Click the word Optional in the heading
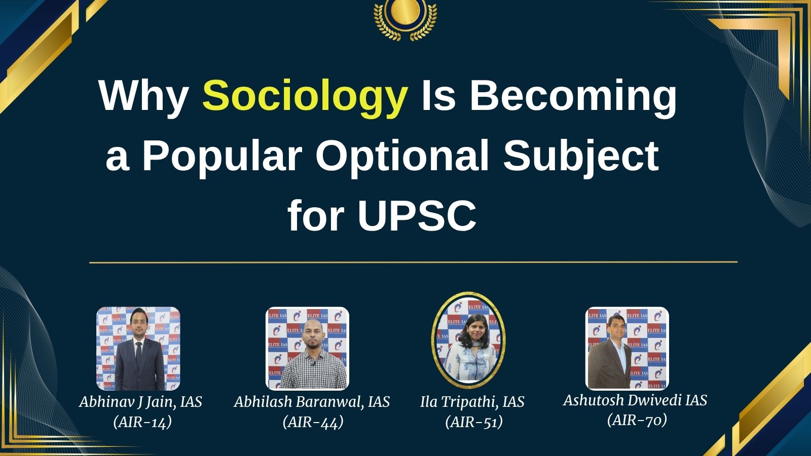[402, 156]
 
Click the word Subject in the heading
[581, 156]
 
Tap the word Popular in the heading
[222, 156]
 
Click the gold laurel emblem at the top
[405, 19]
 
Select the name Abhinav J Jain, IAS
[140, 402]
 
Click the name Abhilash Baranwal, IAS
[312, 402]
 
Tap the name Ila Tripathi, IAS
[472, 402]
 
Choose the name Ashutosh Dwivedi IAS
[635, 400]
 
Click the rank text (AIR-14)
[142, 422]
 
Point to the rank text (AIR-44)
[313, 422]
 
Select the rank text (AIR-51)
[474, 422]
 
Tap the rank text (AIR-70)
[637, 420]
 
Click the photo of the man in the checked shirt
[308, 349]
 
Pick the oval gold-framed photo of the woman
[468, 339]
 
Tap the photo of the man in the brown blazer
[627, 349]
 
